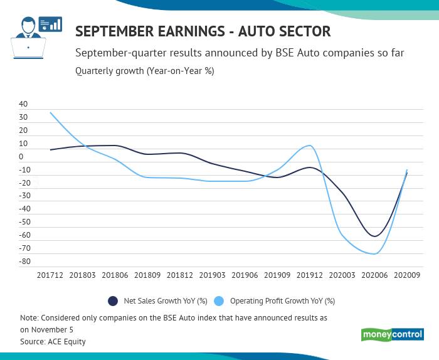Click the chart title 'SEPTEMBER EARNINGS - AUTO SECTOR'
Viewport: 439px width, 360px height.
click(203, 31)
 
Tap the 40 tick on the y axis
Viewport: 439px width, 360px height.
click(23, 104)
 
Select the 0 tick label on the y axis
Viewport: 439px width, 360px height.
click(21, 157)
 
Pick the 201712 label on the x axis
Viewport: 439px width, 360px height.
click(50, 275)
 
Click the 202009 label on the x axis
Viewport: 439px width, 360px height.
click(408, 275)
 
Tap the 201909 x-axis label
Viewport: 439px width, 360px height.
click(277, 275)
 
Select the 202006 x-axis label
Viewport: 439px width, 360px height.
click(375, 275)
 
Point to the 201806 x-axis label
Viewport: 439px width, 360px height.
click(115, 275)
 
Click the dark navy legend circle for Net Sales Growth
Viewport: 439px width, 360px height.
click(113, 301)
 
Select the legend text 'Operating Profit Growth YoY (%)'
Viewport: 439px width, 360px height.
click(282, 301)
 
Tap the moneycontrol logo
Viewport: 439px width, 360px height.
click(392, 334)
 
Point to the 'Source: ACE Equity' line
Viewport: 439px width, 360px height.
click(53, 342)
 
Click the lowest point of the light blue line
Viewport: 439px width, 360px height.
click(374, 254)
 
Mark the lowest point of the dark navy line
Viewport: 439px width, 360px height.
click(374, 236)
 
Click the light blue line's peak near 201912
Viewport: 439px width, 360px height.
click(309, 146)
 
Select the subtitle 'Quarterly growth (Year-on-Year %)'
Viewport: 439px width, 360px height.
click(144, 71)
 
